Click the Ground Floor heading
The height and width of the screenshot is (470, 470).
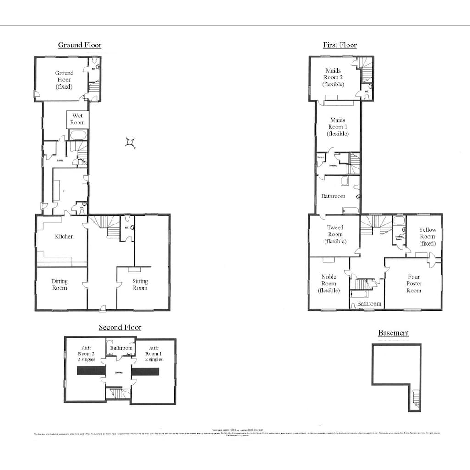79,45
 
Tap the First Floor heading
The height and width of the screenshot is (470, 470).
340,45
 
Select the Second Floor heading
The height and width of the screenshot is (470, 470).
120,327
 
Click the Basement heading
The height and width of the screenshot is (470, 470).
393,333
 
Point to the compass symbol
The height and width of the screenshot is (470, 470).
130,142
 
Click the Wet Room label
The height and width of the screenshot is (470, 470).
77,119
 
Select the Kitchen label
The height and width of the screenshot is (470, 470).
64,236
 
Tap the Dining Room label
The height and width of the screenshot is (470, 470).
59,285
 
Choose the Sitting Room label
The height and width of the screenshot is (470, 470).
140,285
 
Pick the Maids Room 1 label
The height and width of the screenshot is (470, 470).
337,127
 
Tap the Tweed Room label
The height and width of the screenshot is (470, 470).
335,234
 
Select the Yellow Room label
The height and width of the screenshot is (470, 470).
427,236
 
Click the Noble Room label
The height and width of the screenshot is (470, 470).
329,283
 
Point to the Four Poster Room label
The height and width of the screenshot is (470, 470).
414,283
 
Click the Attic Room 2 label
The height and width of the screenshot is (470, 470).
85,353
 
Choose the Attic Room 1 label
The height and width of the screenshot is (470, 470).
154,353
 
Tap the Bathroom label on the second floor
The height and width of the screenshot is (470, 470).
121,348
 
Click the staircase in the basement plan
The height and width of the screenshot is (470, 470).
416,398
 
